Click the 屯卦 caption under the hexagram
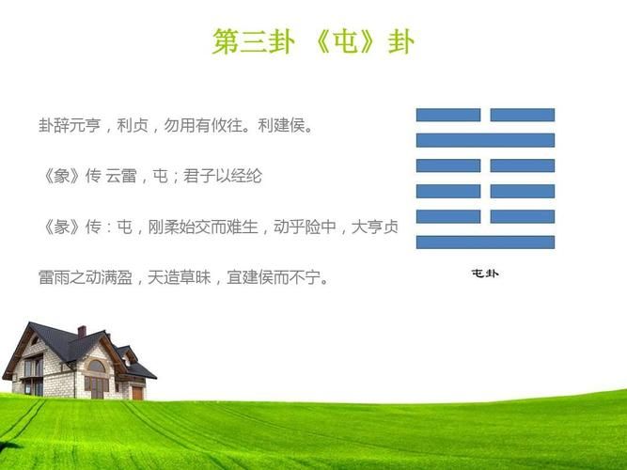(x=485, y=274)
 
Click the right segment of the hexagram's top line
(x=523, y=115)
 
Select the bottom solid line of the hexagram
(x=486, y=242)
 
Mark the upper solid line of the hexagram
(x=486, y=140)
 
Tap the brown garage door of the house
(x=137, y=392)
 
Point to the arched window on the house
(x=96, y=367)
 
